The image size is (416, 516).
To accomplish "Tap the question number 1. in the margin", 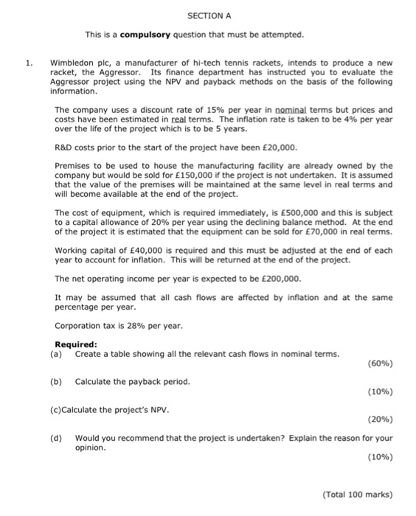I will point(29,63).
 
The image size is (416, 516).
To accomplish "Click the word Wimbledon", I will point(74,63).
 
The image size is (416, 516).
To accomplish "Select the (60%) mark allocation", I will point(379,363).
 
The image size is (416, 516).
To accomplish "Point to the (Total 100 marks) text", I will point(358,494).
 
